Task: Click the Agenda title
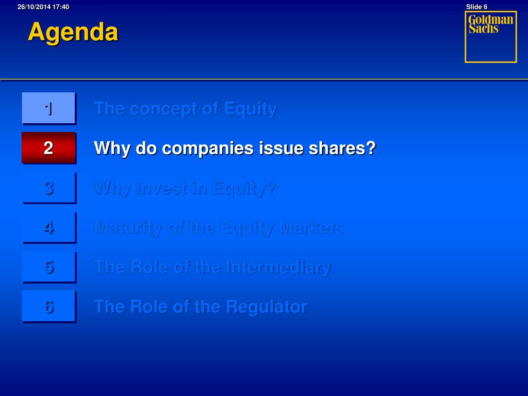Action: (x=73, y=32)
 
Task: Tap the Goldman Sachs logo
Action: (x=491, y=37)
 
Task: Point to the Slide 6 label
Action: (x=476, y=7)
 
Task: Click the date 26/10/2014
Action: (x=34, y=7)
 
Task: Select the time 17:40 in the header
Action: (x=61, y=7)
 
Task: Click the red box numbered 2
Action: (x=49, y=148)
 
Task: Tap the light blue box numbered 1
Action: (x=49, y=108)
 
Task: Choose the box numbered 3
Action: (x=49, y=188)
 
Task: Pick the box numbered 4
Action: (x=49, y=227)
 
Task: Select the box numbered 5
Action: (x=49, y=267)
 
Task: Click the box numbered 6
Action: (x=49, y=307)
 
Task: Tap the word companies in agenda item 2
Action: (x=208, y=149)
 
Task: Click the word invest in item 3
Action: (x=161, y=188)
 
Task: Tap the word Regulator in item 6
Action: (x=267, y=307)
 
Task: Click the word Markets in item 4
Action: (x=313, y=227)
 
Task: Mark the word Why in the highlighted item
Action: (x=112, y=149)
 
